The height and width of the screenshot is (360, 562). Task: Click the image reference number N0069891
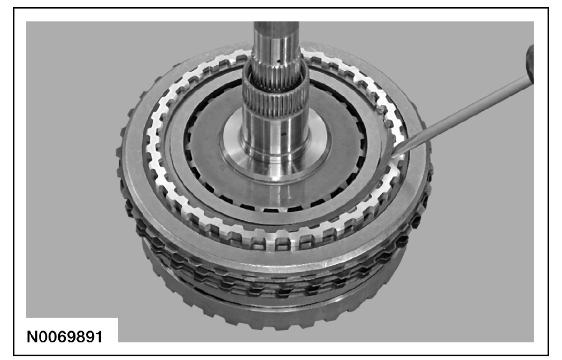click(x=65, y=336)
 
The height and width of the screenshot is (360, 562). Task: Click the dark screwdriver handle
click(x=529, y=64)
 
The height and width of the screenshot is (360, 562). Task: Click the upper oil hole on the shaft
click(x=278, y=62)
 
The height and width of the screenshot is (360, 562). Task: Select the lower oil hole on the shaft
click(x=283, y=135)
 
